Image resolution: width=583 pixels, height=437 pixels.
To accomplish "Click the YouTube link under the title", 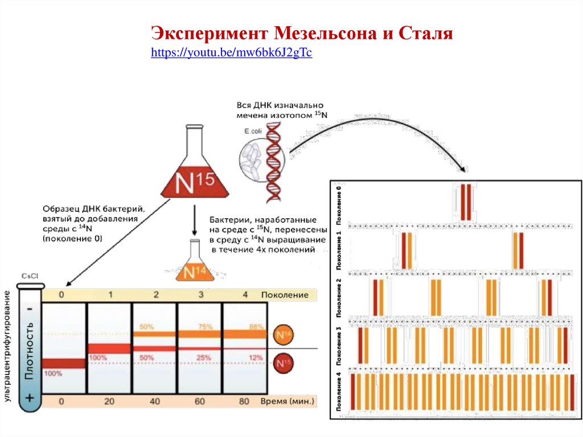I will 232,54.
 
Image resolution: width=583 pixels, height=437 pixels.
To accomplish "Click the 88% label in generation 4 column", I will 256,327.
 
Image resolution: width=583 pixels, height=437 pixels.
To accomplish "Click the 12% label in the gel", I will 256,357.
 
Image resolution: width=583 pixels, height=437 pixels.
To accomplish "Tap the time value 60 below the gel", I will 199,401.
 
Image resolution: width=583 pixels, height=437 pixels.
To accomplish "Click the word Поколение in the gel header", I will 285,295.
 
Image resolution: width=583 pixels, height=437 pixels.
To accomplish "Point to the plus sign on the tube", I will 30,397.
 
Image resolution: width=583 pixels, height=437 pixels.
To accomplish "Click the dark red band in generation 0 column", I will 64,364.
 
